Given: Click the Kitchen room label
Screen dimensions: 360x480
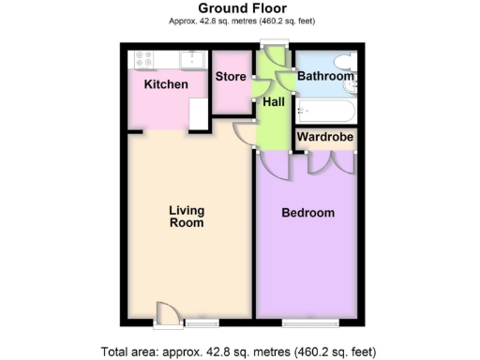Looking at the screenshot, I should pos(166,85).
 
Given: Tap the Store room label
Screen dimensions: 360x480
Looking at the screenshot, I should pos(230,77).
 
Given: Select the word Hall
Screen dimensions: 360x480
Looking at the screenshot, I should pos(274,101).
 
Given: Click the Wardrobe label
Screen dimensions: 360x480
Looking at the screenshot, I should pos(323,137).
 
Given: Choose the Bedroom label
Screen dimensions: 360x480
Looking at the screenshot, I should pos(308,213).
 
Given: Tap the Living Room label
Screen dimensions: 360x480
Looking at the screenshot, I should pos(187,217).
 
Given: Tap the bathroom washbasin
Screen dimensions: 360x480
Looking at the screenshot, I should pos(352,87).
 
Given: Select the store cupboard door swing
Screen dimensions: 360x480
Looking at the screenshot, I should pos(256,90).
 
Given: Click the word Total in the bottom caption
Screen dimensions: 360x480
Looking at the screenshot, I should pos(119,352).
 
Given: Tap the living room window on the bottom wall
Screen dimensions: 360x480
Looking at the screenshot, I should pos(200,322).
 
